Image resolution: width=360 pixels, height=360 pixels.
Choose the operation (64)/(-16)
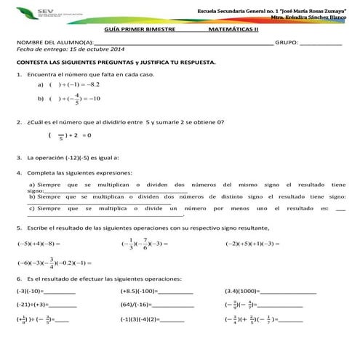coord(135,305)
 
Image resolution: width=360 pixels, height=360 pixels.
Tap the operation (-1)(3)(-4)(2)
coord(140,319)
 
